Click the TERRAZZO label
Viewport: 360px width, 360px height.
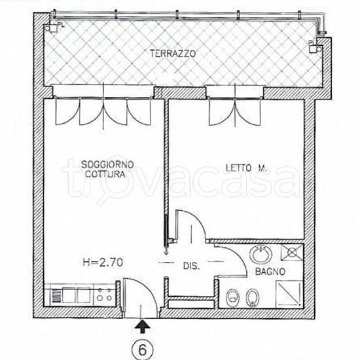(x=173, y=54)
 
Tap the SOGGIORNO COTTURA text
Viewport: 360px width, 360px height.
(x=107, y=170)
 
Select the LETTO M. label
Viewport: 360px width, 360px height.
(x=246, y=168)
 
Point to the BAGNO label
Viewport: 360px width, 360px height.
(x=270, y=272)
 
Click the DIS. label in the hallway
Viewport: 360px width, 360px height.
(x=191, y=266)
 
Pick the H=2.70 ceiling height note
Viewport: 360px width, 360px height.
(x=103, y=262)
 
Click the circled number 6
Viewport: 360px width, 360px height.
(x=142, y=350)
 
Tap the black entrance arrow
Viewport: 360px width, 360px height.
(x=143, y=326)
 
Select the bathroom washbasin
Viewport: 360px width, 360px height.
(x=261, y=255)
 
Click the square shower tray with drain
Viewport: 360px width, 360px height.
(x=292, y=253)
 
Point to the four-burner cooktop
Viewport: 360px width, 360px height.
(x=105, y=295)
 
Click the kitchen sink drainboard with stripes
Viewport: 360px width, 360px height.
(x=56, y=295)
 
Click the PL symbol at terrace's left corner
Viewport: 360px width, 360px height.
(x=54, y=27)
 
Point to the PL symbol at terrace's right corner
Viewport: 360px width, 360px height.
(x=315, y=46)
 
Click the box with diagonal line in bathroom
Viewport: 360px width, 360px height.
(x=289, y=295)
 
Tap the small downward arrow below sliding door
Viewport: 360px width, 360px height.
(x=166, y=252)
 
